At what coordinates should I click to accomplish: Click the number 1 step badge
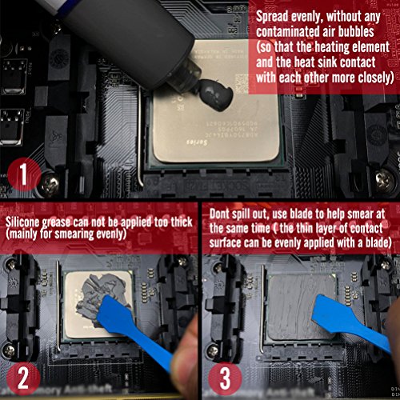pyautogui.click(x=24, y=174)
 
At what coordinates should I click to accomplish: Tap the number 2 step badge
pyautogui.click(x=23, y=378)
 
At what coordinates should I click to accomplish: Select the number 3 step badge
pyautogui.click(x=225, y=378)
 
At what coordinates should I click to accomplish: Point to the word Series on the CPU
pyautogui.click(x=197, y=142)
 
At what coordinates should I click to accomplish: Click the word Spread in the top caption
pyautogui.click(x=272, y=17)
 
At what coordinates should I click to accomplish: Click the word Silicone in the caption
pyautogui.click(x=22, y=222)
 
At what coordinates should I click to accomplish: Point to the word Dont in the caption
pyautogui.click(x=219, y=214)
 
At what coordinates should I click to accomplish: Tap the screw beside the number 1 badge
pyautogui.click(x=50, y=182)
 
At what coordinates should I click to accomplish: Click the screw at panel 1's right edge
pyautogui.click(x=385, y=179)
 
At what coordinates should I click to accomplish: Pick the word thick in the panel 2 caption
pyautogui.click(x=182, y=222)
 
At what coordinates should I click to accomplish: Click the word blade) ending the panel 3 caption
pyautogui.click(x=378, y=242)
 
